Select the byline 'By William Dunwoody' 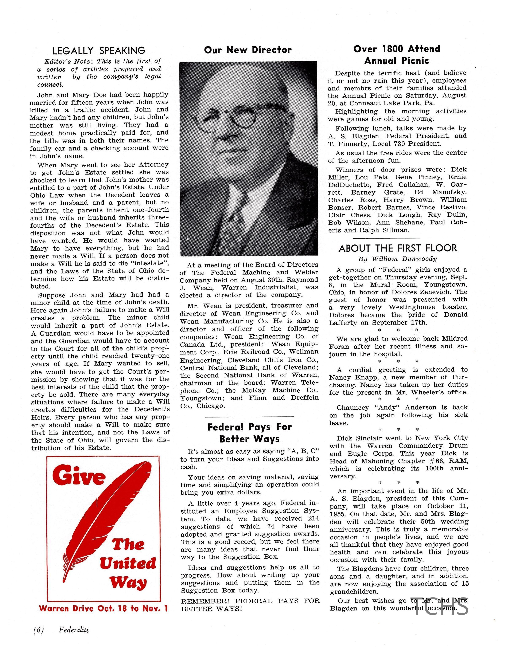[397, 259]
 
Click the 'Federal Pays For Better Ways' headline [249, 433]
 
